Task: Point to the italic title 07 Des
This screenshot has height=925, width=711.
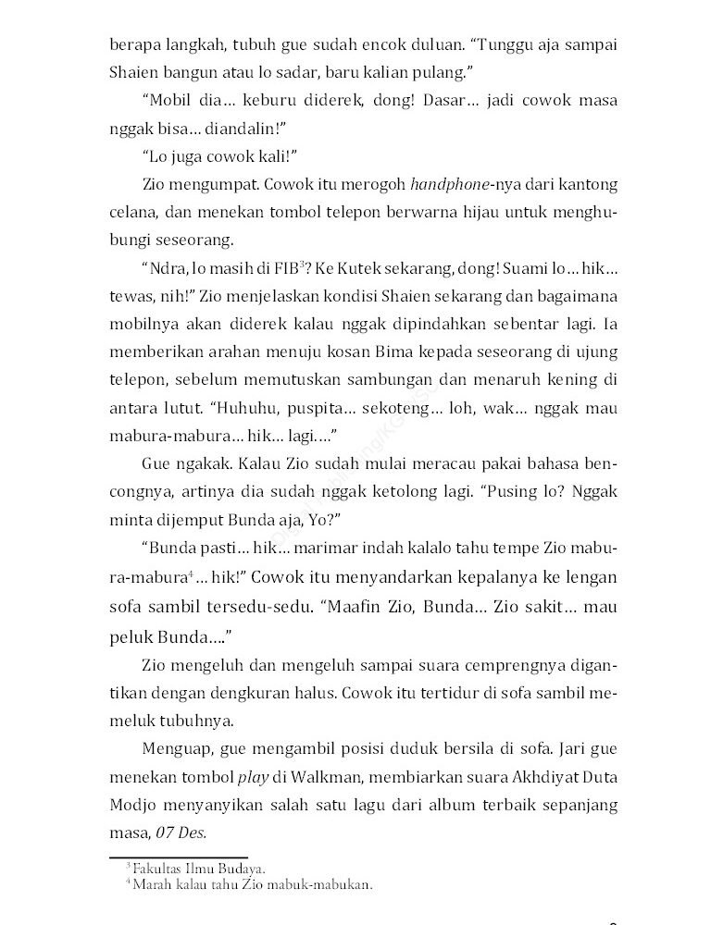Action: (x=179, y=833)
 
